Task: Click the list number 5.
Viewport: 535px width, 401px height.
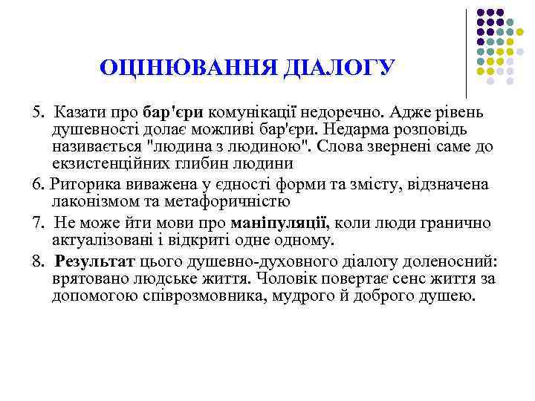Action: click(x=37, y=112)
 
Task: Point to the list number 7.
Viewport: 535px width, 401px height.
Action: click(x=37, y=222)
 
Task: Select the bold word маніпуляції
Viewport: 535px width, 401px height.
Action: click(x=280, y=222)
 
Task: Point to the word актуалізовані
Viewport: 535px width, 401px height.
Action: click(x=100, y=240)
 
